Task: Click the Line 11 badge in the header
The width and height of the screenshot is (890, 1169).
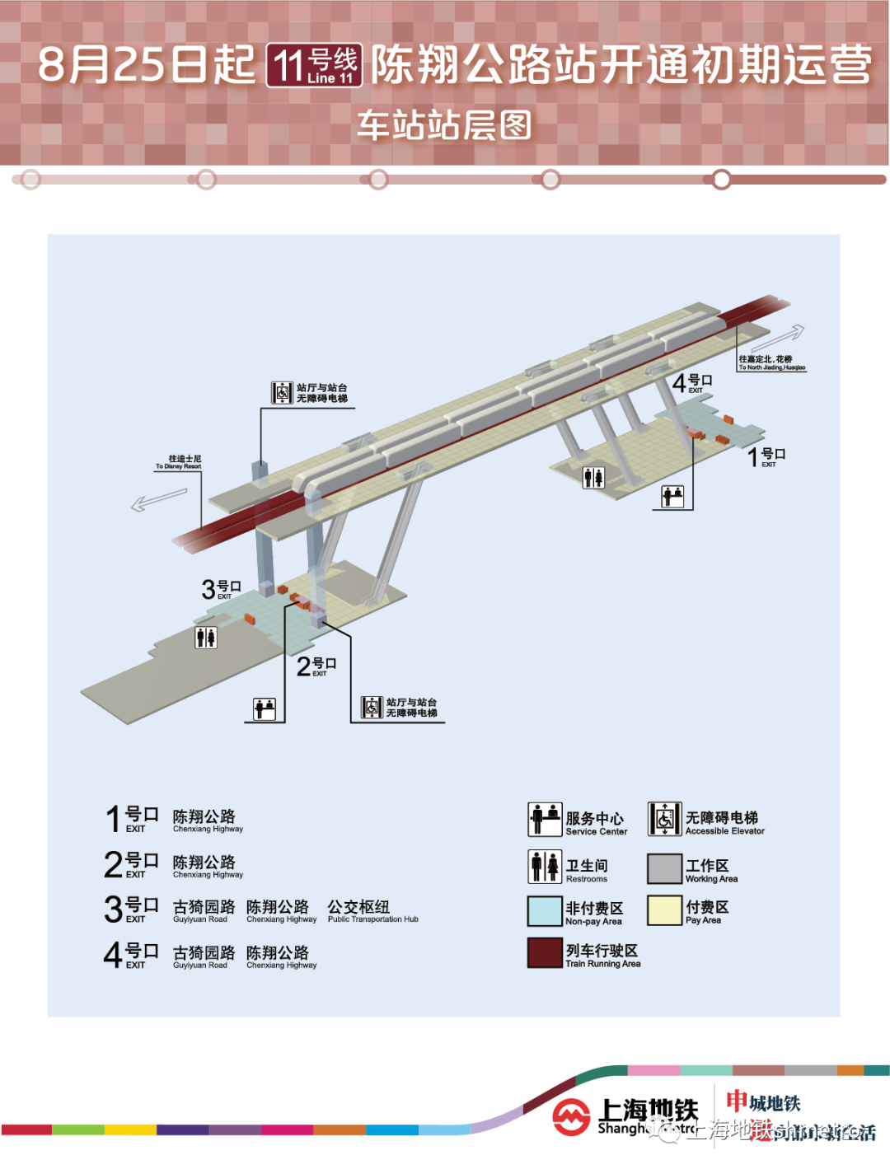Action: pyautogui.click(x=314, y=65)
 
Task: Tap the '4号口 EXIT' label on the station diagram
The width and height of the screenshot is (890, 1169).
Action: pyautogui.click(x=691, y=383)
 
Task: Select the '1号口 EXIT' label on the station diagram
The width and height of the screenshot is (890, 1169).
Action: pyautogui.click(x=766, y=457)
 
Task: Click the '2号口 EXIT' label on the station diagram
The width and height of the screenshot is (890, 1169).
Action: pyautogui.click(x=316, y=666)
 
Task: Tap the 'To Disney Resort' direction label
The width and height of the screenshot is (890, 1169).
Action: pyautogui.click(x=180, y=462)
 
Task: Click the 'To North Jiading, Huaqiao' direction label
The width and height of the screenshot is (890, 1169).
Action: pyautogui.click(x=771, y=363)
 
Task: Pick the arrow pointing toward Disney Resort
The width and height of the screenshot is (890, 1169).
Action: pyautogui.click(x=159, y=499)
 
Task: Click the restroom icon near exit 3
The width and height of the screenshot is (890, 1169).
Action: pyautogui.click(x=206, y=637)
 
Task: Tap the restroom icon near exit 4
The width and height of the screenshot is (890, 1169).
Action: pyautogui.click(x=593, y=478)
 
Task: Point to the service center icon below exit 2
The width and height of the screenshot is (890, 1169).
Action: pyautogui.click(x=265, y=708)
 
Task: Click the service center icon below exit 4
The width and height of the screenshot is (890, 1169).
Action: pyautogui.click(x=672, y=496)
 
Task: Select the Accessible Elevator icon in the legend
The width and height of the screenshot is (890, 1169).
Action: pyautogui.click(x=664, y=819)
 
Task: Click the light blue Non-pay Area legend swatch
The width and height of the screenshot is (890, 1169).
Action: pyautogui.click(x=544, y=911)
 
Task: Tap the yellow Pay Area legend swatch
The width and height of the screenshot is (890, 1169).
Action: pyautogui.click(x=664, y=911)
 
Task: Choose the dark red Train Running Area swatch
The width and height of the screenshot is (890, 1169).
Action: pyautogui.click(x=544, y=953)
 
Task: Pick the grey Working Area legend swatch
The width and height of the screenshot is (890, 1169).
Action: pyautogui.click(x=664, y=868)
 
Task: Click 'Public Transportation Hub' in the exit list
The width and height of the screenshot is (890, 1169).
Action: pyautogui.click(x=372, y=911)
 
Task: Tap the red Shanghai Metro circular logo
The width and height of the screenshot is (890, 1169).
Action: pyautogui.click(x=571, y=1117)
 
